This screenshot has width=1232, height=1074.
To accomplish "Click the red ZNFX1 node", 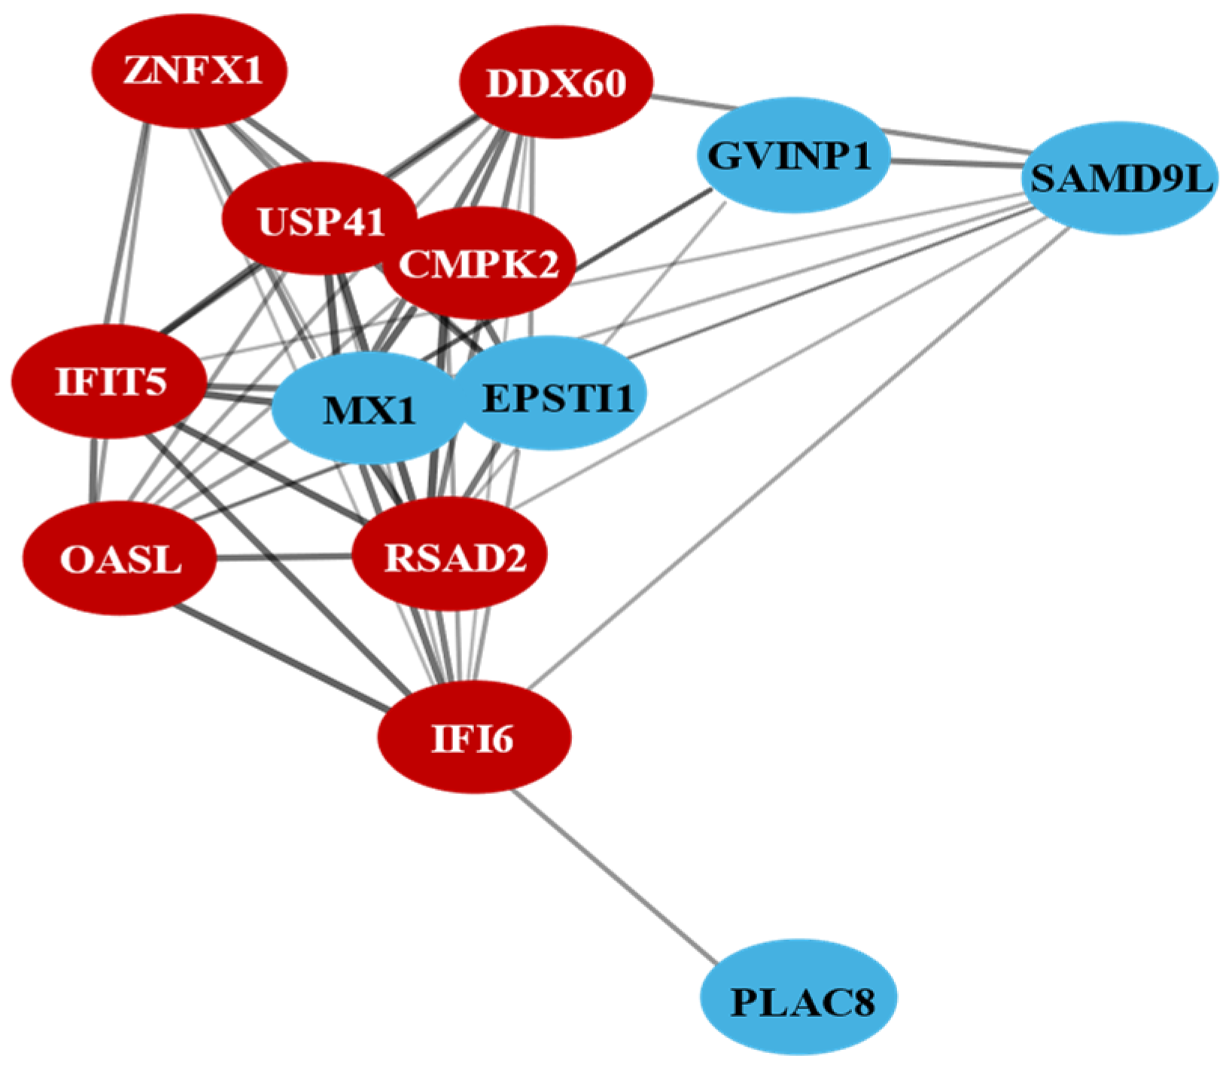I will (x=190, y=72).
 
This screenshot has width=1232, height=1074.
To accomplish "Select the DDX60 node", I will (x=555, y=83).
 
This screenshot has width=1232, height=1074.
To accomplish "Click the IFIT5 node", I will (x=110, y=382).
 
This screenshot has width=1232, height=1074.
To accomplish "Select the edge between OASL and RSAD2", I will (x=284, y=558).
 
